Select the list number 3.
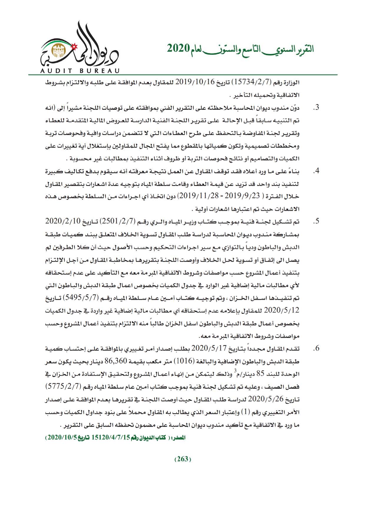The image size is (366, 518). pyautogui.click(x=316, y=108)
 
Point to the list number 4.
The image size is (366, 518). pyautogui.click(x=316, y=171)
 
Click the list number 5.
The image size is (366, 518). pyautogui.click(x=316, y=221)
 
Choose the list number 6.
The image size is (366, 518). pyautogui.click(x=316, y=349)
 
